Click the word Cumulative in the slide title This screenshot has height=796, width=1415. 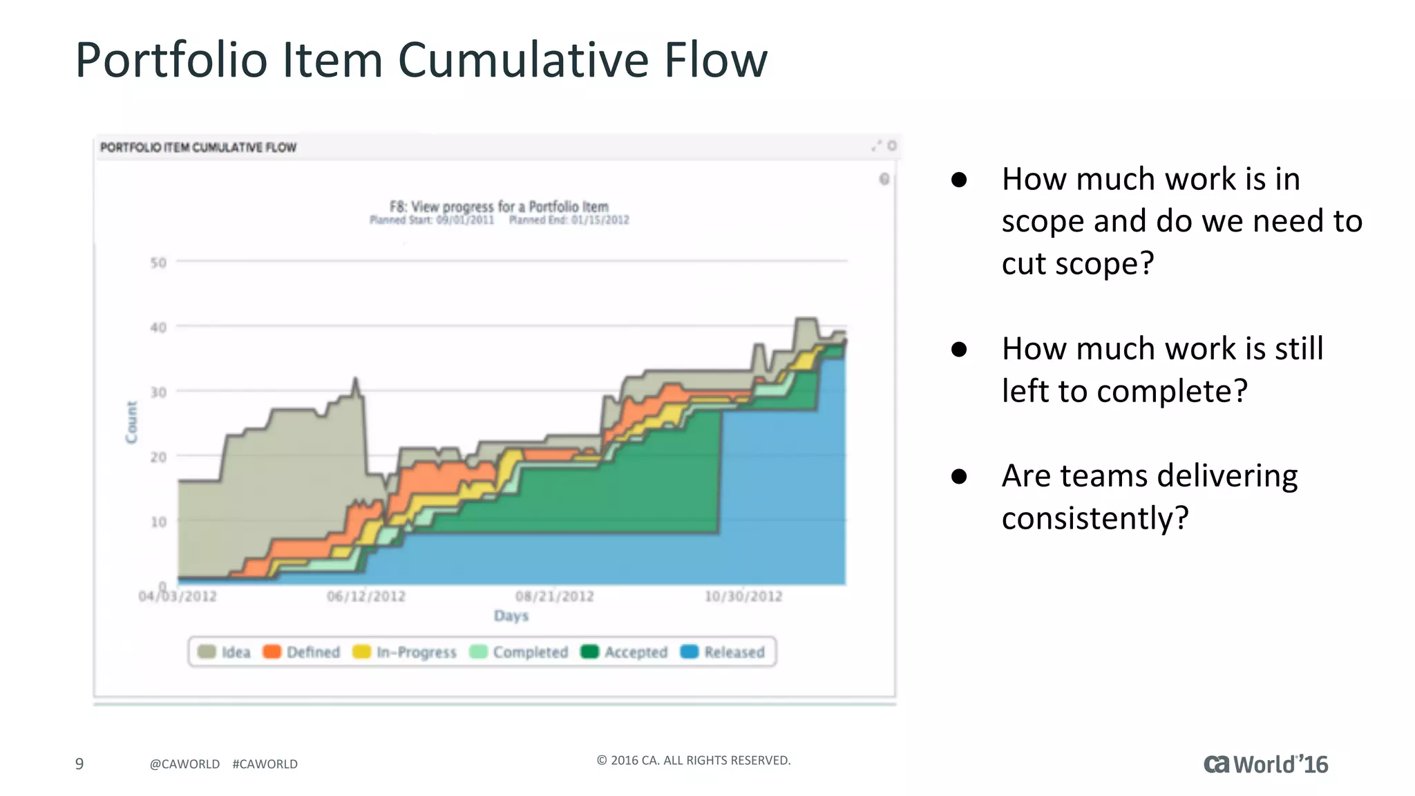tap(524, 60)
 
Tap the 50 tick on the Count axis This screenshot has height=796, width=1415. tap(158, 263)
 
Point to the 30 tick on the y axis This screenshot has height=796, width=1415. tap(158, 392)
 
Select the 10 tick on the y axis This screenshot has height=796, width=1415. tap(158, 522)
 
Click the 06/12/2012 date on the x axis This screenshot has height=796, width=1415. tap(366, 596)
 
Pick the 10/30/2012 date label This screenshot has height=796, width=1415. tap(743, 596)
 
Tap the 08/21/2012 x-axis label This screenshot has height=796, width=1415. tap(555, 596)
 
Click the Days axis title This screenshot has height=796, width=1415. tap(511, 616)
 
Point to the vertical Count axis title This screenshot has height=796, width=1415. tap(131, 422)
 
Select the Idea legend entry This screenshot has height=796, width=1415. tap(225, 652)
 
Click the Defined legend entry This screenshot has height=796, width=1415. tap(302, 652)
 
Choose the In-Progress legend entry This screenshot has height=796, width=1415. tap(405, 652)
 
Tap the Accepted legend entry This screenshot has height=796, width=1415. tap(625, 652)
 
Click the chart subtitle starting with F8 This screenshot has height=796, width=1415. tap(499, 207)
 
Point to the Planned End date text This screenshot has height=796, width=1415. tap(569, 220)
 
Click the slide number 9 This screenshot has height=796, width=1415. tap(79, 764)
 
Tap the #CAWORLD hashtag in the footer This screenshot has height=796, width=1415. tap(265, 764)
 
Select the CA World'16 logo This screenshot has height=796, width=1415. tap(1265, 764)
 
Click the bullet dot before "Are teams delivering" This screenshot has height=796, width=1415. tap(959, 477)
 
